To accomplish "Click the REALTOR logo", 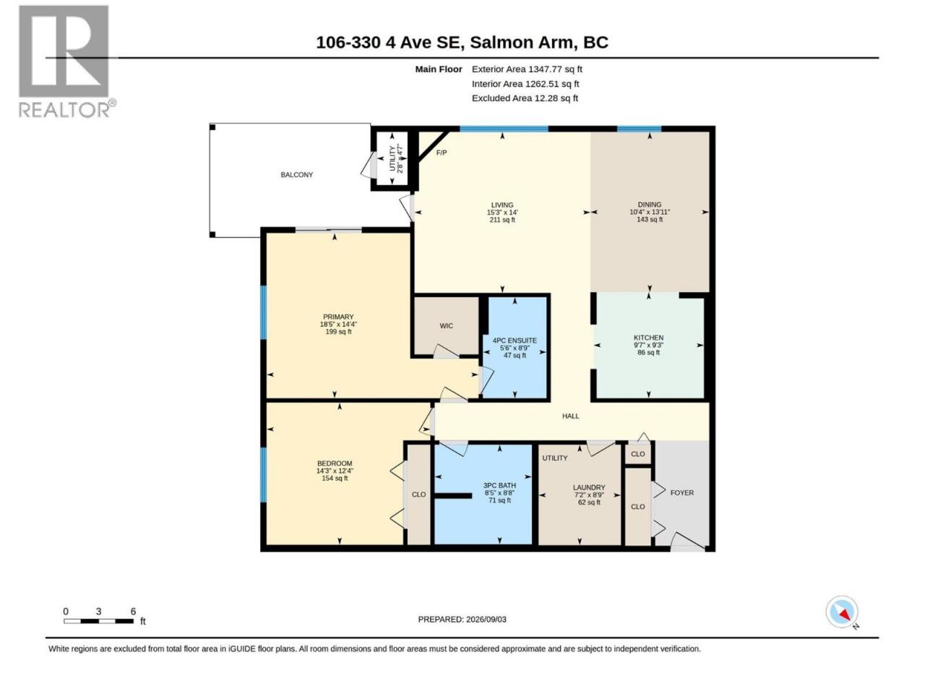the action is coord(67,61).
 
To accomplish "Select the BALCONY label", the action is coord(297,175).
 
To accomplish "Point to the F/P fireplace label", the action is coord(442,153).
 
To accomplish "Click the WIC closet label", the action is coord(447,326).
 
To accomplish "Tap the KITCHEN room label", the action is coord(648,338).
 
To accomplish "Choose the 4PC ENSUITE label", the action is coord(515,340).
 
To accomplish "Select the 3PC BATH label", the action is coord(499,485).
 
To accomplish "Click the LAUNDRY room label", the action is coord(589,487).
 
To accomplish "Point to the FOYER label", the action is coord(682,492).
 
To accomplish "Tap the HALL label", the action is coord(571,416).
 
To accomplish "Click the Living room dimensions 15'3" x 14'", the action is coord(502,213).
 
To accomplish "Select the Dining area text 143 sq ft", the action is coord(650,220).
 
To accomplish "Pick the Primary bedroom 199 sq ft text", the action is coord(338,332).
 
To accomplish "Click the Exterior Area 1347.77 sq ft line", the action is coord(527,69).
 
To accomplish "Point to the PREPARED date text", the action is coord(462,620).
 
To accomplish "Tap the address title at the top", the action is coord(462,43).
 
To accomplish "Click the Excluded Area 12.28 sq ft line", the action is coord(525,98).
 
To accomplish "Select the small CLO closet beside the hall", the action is coord(637,454).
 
